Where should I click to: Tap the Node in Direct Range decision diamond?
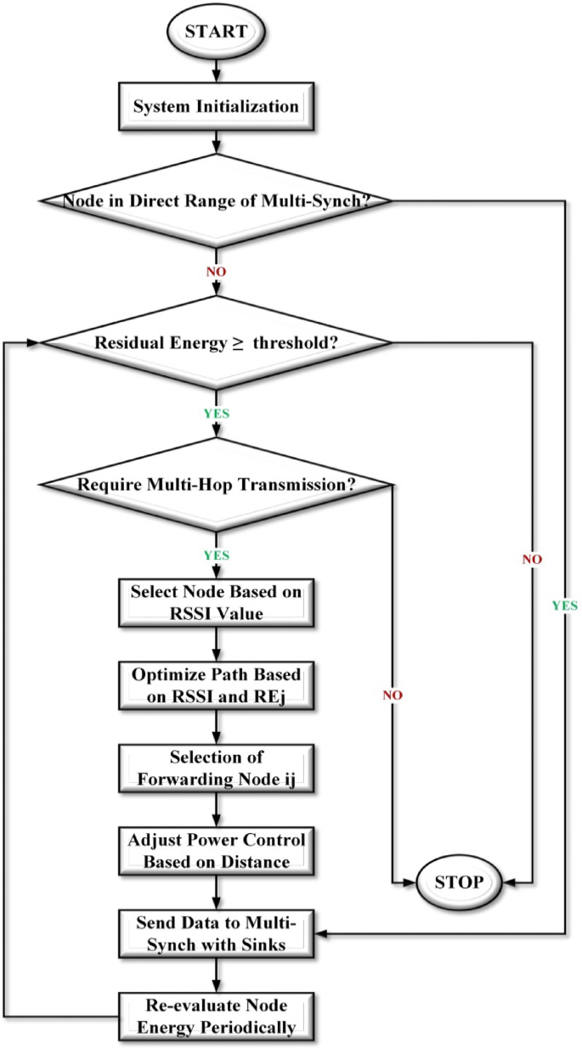[x=216, y=200]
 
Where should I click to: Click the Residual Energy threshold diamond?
[x=216, y=343]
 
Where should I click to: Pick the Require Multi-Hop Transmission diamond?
[x=216, y=485]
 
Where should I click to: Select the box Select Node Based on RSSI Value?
[x=216, y=601]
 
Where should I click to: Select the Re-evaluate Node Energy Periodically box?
[x=216, y=1016]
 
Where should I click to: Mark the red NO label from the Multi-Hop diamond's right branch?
[x=393, y=694]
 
